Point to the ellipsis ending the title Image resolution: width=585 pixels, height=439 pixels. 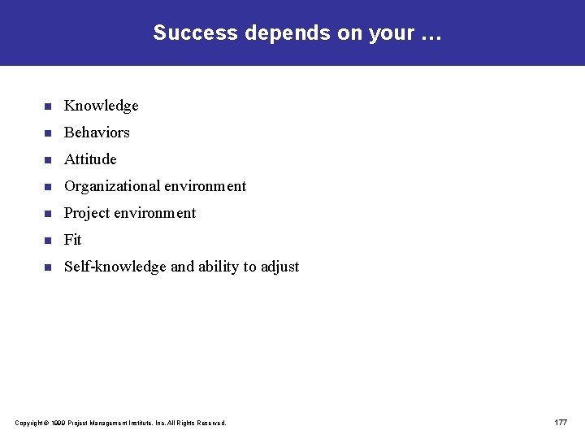pyautogui.click(x=429, y=35)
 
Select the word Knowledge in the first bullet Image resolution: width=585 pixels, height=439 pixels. pyautogui.click(x=102, y=106)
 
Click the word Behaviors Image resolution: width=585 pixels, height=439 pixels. pyautogui.click(x=97, y=133)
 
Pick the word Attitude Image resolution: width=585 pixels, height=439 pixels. pyautogui.click(x=90, y=159)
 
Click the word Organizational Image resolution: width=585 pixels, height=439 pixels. pyautogui.click(x=112, y=186)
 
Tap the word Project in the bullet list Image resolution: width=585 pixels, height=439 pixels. pyautogui.click(x=87, y=213)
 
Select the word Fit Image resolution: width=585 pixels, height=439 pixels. pyautogui.click(x=73, y=240)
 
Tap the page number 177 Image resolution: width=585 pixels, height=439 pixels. pyautogui.click(x=561, y=423)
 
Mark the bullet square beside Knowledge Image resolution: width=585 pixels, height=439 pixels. pyautogui.click(x=48, y=106)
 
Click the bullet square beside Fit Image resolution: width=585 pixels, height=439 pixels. pyautogui.click(x=48, y=241)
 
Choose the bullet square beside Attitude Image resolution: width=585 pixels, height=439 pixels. pyautogui.click(x=48, y=160)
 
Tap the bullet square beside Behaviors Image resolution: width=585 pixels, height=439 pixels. pyautogui.click(x=48, y=133)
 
